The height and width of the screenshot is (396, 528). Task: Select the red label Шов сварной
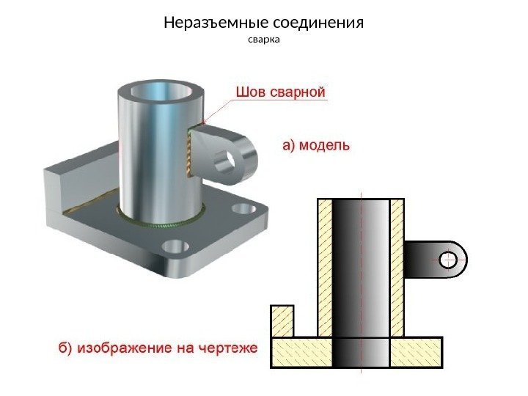[x=279, y=92]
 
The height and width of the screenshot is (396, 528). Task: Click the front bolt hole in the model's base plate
[x=175, y=246]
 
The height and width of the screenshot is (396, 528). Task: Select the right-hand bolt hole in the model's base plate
[x=241, y=210]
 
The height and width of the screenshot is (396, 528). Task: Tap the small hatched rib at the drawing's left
[x=282, y=322]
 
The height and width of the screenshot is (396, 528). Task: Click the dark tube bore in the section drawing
[x=361, y=279]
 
